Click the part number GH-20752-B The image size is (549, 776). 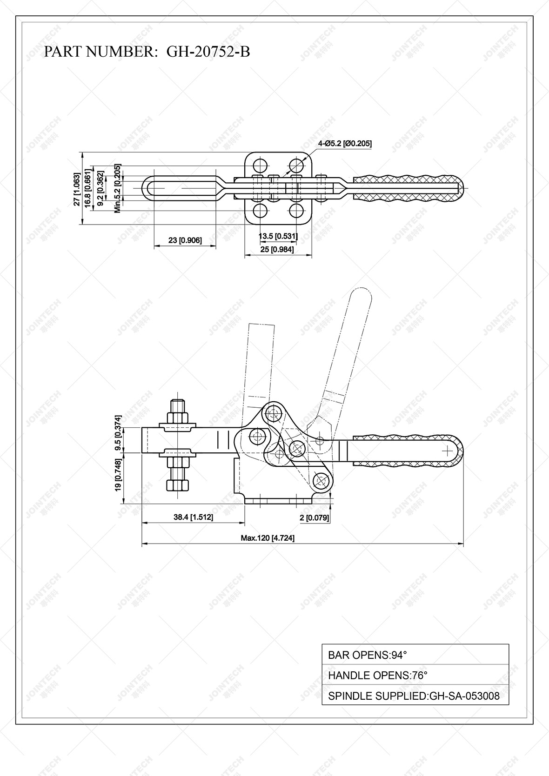(208, 52)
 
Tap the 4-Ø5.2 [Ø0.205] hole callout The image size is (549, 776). (345, 144)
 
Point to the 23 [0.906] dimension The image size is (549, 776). (185, 240)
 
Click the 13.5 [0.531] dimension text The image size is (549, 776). (278, 236)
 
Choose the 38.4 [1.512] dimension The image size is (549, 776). (193, 517)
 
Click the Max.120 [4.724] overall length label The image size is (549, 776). (268, 538)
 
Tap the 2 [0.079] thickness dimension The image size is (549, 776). (314, 517)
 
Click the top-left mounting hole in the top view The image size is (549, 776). (260, 165)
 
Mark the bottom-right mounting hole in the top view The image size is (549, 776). (296, 211)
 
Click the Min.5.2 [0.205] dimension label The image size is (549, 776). (117, 188)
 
